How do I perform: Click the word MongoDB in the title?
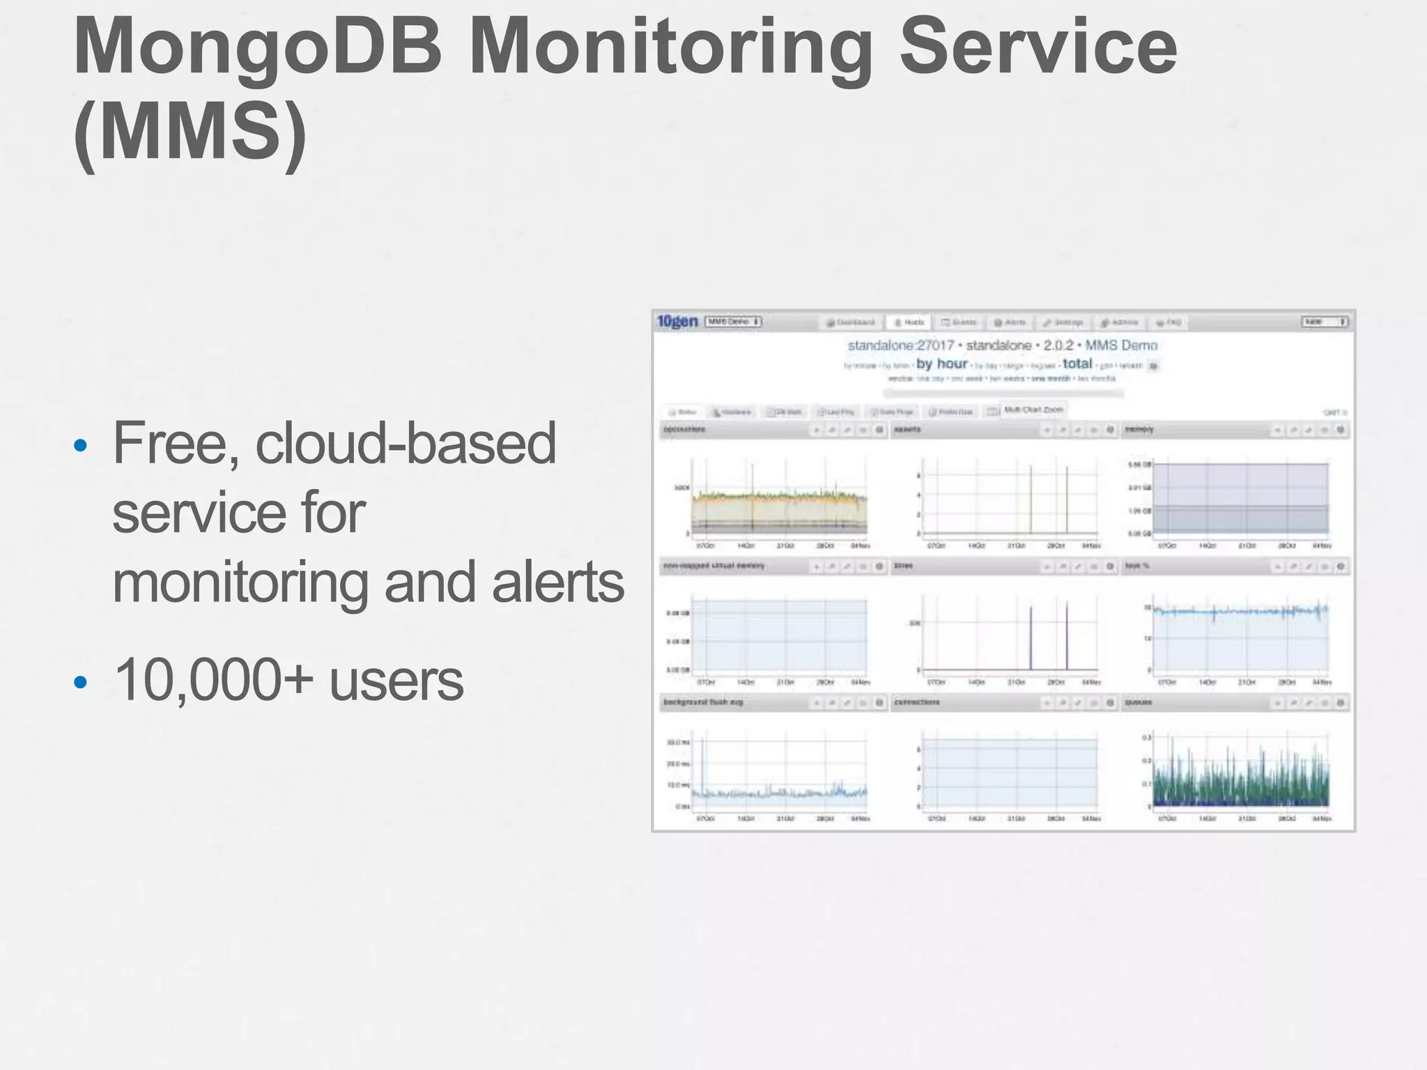click(258, 47)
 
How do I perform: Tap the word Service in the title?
click(1038, 47)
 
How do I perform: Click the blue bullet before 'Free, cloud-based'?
click(81, 445)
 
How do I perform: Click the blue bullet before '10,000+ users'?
click(81, 682)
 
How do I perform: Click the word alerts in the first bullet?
click(557, 582)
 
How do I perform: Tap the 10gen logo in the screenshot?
click(677, 321)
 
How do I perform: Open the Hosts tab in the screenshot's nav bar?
click(909, 323)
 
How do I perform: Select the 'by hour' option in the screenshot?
click(941, 364)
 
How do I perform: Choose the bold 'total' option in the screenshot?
click(1077, 364)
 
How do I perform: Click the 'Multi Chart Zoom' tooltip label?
click(1033, 410)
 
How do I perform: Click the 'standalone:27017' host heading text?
click(900, 346)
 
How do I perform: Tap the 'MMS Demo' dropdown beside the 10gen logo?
click(733, 322)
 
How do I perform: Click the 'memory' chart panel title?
click(1140, 430)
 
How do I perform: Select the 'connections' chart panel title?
click(917, 702)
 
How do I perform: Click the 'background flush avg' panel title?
click(703, 702)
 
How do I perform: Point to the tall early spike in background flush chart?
click(703, 759)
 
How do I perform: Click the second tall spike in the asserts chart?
click(1067, 498)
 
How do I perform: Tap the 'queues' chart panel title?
click(1139, 702)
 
